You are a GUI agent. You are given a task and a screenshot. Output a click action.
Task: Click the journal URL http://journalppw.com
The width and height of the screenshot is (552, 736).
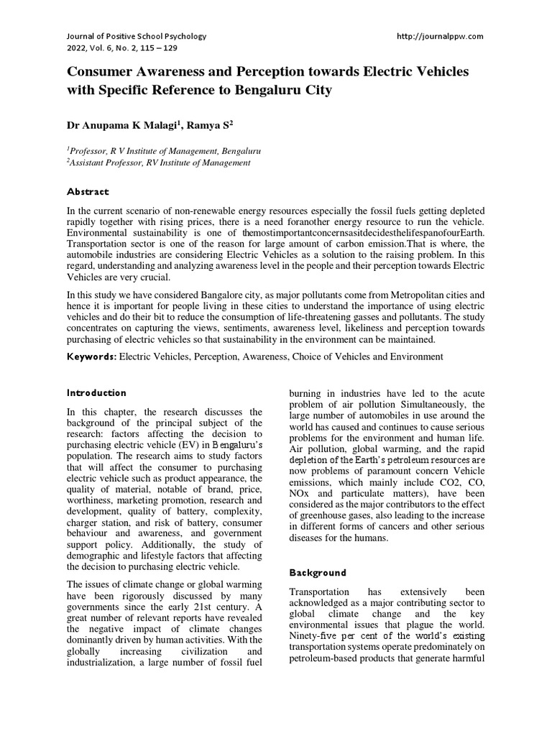pyautogui.click(x=440, y=36)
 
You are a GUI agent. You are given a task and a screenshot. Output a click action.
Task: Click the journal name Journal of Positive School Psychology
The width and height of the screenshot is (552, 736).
pyautogui.click(x=137, y=36)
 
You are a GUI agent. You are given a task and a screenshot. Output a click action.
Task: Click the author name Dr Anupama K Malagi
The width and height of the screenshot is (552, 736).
pyautogui.click(x=120, y=125)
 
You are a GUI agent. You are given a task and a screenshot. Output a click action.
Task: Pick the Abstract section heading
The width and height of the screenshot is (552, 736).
pyautogui.click(x=88, y=192)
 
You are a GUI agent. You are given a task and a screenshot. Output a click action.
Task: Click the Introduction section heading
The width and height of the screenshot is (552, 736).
pyautogui.click(x=96, y=393)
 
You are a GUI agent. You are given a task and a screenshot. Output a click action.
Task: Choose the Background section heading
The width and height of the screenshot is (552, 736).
pyautogui.click(x=317, y=573)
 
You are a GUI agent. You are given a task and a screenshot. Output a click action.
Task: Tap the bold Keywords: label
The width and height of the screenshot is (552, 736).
pyautogui.click(x=91, y=356)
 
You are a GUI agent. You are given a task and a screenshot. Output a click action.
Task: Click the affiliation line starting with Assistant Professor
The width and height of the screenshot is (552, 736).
pyautogui.click(x=159, y=163)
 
